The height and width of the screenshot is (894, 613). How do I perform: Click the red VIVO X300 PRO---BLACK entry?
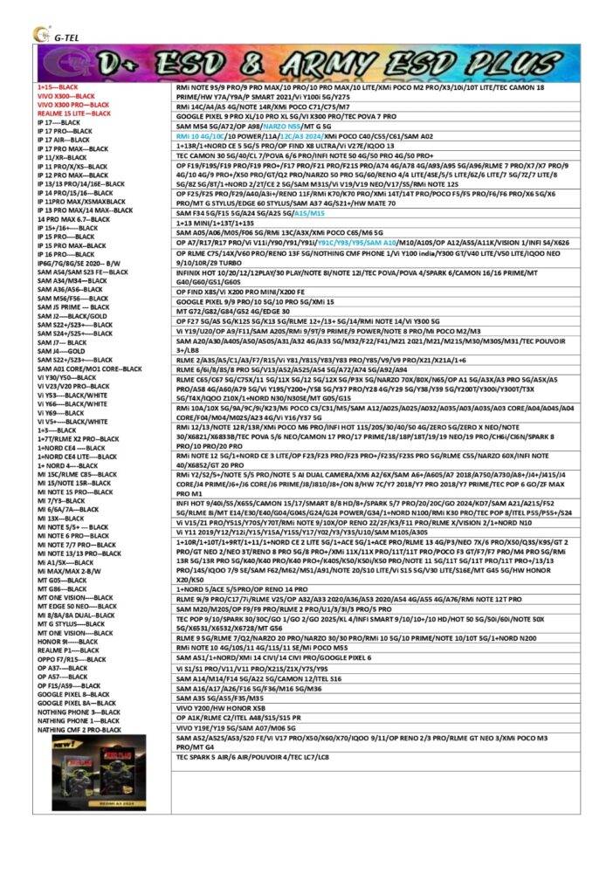(73, 105)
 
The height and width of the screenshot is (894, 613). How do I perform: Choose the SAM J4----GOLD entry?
(61, 351)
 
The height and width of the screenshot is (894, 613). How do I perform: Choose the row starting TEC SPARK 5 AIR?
(252, 756)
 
